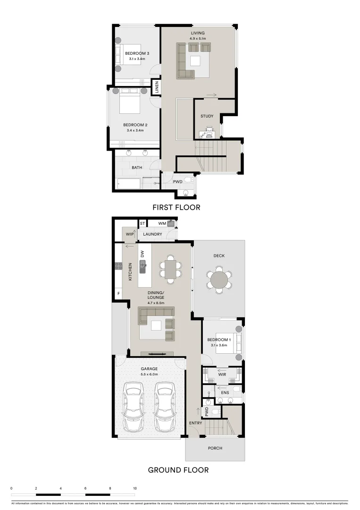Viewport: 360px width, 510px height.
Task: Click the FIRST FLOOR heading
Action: click(x=176, y=207)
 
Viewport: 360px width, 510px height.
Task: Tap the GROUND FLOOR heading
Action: click(x=178, y=470)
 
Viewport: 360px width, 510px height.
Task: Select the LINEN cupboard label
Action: click(x=157, y=87)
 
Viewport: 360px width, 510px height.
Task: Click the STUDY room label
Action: click(x=207, y=116)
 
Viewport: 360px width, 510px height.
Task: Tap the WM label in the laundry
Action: click(x=162, y=223)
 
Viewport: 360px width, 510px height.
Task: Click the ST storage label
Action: click(x=142, y=223)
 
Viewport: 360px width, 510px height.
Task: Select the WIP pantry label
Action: click(x=129, y=234)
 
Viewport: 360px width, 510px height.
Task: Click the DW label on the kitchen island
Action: click(x=142, y=254)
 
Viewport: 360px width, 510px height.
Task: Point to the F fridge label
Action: click(x=118, y=294)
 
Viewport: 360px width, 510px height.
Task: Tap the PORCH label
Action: click(x=215, y=448)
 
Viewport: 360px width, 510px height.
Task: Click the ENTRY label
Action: click(x=195, y=423)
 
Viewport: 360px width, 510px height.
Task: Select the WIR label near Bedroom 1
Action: click(x=222, y=374)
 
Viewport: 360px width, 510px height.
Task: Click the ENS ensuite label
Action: click(x=225, y=392)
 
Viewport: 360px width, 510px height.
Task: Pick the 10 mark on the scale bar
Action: click(x=135, y=488)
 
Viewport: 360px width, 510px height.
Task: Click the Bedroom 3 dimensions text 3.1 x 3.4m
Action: click(x=137, y=59)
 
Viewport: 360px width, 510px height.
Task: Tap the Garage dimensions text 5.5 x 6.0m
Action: click(x=149, y=374)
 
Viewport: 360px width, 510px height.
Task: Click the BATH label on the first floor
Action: click(x=137, y=168)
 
